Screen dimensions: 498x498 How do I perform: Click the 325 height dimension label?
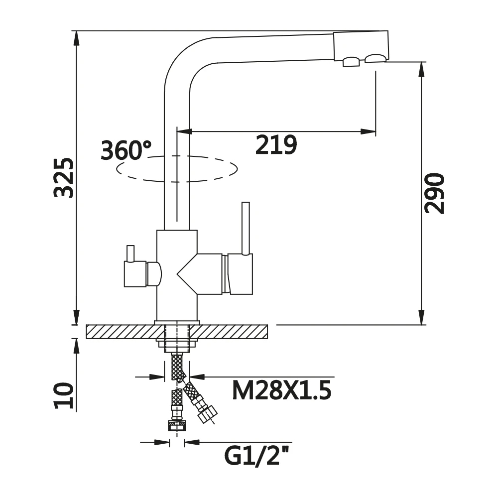tap(64, 178)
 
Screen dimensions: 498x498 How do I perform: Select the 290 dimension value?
tap(434, 193)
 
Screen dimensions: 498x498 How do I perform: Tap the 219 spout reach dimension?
tap(276, 145)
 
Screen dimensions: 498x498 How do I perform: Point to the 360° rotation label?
tap(126, 150)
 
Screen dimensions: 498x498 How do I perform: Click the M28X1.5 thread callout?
tap(282, 390)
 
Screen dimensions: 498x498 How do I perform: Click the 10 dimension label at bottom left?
tap(64, 395)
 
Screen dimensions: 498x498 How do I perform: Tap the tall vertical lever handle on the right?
tap(246, 229)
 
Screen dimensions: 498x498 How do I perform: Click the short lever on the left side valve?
tap(130, 254)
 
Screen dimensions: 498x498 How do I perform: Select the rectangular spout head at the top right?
tap(361, 46)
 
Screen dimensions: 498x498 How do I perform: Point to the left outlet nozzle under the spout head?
tap(351, 62)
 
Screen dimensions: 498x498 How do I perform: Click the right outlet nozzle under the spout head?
tap(376, 58)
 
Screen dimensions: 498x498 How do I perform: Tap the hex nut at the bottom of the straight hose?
tap(177, 426)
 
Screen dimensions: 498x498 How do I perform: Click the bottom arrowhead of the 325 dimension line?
tap(76, 317)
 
